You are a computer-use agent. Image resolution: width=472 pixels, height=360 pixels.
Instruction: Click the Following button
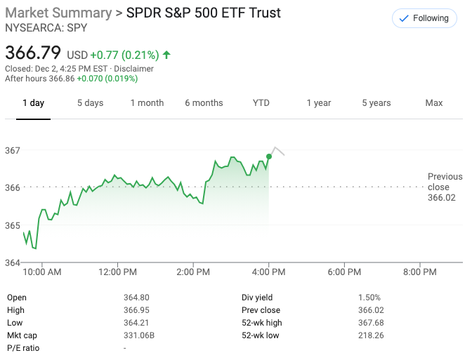pyautogui.click(x=424, y=19)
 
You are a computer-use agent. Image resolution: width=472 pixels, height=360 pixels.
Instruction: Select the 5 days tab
pyautogui.click(x=90, y=103)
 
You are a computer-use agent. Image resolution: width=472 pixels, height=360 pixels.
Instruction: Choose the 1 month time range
pyautogui.click(x=147, y=103)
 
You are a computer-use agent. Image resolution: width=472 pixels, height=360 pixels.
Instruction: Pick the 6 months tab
pyautogui.click(x=204, y=103)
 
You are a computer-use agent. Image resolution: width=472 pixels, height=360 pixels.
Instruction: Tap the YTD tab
pyautogui.click(x=261, y=103)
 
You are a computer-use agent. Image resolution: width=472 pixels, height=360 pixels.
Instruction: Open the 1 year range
pyautogui.click(x=318, y=103)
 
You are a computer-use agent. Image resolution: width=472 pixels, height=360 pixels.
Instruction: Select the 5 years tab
pyautogui.click(x=376, y=103)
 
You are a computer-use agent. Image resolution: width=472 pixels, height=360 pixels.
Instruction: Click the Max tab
pyautogui.click(x=434, y=103)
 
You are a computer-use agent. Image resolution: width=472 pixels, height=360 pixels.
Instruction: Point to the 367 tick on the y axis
pyautogui.click(x=12, y=150)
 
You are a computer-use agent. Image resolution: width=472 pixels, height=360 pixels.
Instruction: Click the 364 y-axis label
pyautogui.click(x=12, y=263)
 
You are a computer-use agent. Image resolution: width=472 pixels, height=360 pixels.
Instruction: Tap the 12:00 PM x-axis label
pyautogui.click(x=117, y=272)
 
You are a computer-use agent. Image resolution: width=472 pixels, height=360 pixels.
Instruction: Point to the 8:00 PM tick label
pyautogui.click(x=420, y=272)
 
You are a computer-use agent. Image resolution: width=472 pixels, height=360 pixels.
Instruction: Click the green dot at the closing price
pyautogui.click(x=269, y=156)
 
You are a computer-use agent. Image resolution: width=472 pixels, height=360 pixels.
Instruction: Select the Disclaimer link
pyautogui.click(x=133, y=69)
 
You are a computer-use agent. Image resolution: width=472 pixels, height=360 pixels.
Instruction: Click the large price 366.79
pyautogui.click(x=33, y=53)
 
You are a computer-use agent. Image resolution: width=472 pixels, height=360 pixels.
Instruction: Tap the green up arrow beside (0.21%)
pyautogui.click(x=166, y=54)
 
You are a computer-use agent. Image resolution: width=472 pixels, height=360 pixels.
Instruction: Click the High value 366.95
pyautogui.click(x=136, y=310)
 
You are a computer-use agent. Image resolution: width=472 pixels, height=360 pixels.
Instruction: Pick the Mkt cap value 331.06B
pyautogui.click(x=138, y=323)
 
